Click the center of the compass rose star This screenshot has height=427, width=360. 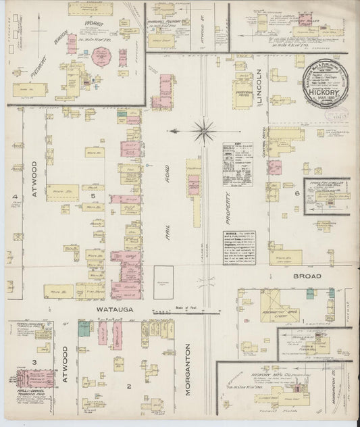tap(203, 129)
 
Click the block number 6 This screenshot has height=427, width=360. tap(297, 193)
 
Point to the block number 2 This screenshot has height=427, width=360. tap(128, 386)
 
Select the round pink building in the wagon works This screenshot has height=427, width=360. tap(103, 57)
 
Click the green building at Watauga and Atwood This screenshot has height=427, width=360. tap(84, 329)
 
